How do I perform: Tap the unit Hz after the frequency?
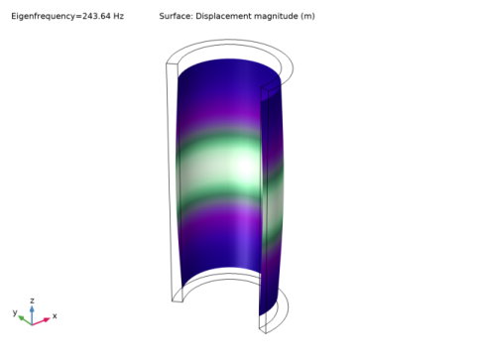coord(119,16)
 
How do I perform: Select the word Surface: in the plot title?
coord(176,16)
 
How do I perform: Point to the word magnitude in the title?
coord(276,16)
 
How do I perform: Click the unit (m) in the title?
coord(307,16)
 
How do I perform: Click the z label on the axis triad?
coord(32,300)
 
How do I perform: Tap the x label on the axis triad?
coord(55,316)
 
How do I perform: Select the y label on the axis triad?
coord(15,312)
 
